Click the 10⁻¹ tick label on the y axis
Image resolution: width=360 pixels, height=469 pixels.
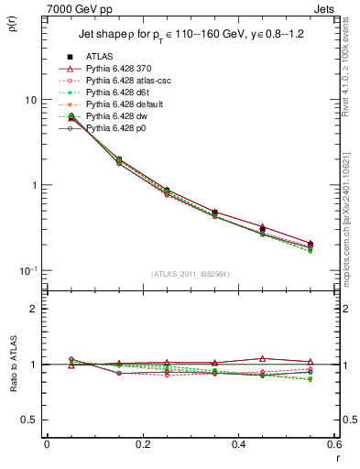[27, 270]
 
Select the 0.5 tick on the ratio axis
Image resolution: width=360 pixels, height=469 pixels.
[29, 420]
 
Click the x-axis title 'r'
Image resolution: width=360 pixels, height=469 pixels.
[336, 458]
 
